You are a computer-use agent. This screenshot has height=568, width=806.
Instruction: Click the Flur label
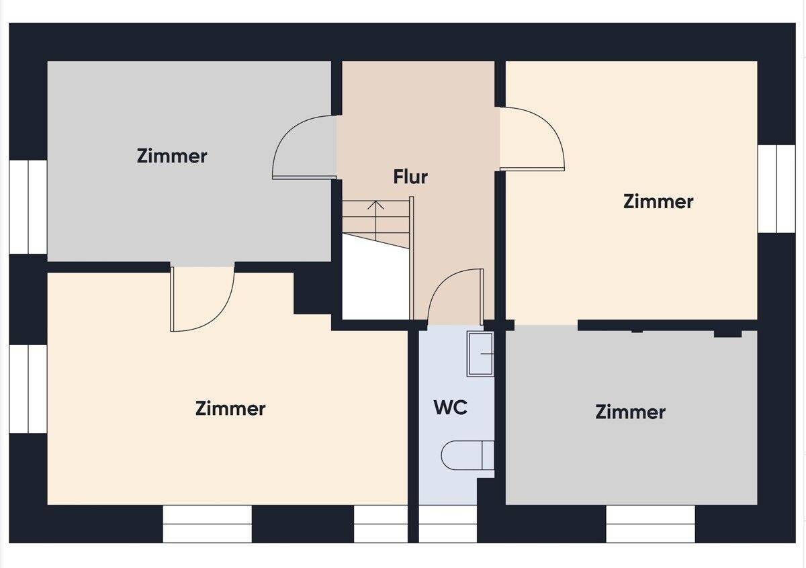(410, 177)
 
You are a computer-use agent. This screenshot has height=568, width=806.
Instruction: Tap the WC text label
(450, 408)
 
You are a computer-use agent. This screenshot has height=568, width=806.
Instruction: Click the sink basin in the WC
(481, 353)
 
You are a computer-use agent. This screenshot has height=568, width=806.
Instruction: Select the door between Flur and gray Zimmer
(304, 148)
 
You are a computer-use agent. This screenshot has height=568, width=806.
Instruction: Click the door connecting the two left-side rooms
(202, 299)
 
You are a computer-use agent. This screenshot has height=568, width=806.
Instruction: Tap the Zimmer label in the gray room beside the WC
(630, 412)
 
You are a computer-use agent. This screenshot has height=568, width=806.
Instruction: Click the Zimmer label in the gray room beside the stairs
(172, 156)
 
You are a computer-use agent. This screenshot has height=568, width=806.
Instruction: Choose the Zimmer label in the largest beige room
(230, 408)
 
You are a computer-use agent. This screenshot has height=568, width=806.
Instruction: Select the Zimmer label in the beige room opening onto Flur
(658, 201)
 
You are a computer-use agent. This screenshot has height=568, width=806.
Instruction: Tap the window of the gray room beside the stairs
(28, 207)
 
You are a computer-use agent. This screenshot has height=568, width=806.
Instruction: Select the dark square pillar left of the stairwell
(313, 293)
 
